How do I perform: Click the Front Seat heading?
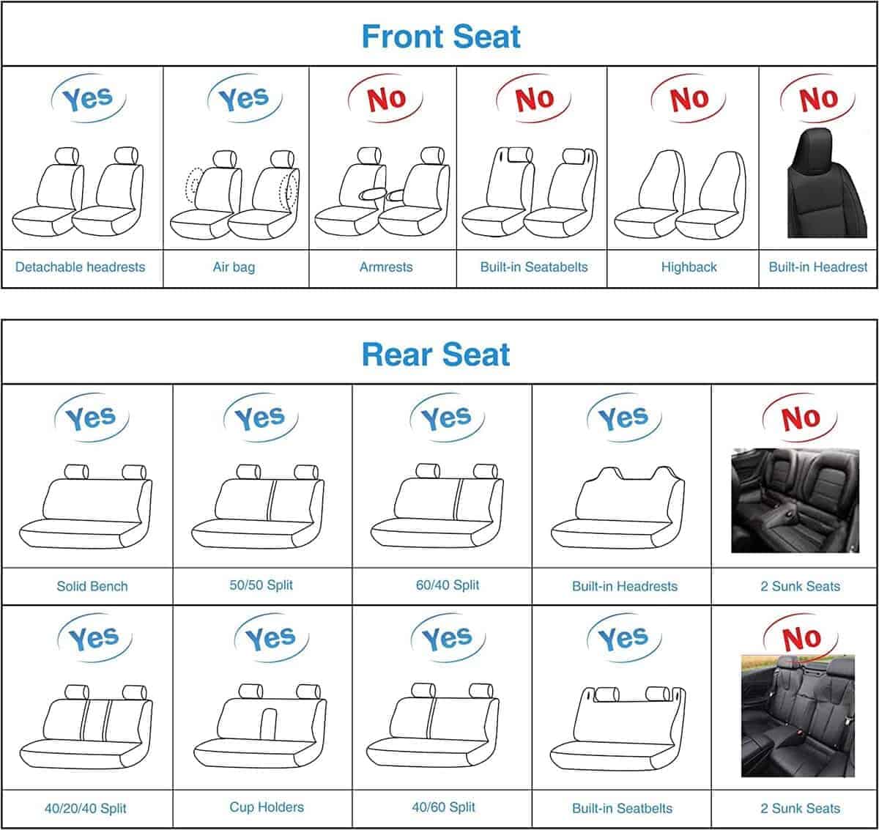pos(441,37)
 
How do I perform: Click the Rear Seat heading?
pos(436,355)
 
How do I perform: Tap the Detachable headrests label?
pos(80,267)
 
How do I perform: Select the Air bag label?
pos(234,267)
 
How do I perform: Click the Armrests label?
pos(386,267)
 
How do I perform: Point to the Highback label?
pos(689,267)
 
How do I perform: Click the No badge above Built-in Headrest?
pos(817,98)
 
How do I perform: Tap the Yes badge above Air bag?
pos(244,98)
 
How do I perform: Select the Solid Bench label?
pos(92,586)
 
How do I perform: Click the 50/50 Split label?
pos(261,585)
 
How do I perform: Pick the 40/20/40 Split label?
pos(85,809)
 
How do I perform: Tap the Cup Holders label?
pos(267,807)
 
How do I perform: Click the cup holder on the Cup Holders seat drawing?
pos(268,724)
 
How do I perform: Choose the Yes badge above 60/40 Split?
pos(446,418)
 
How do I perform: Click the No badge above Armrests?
pos(385,98)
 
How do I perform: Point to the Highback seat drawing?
pos(679,194)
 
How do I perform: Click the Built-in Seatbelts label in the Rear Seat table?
pos(622,809)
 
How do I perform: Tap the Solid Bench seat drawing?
pos(86,506)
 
